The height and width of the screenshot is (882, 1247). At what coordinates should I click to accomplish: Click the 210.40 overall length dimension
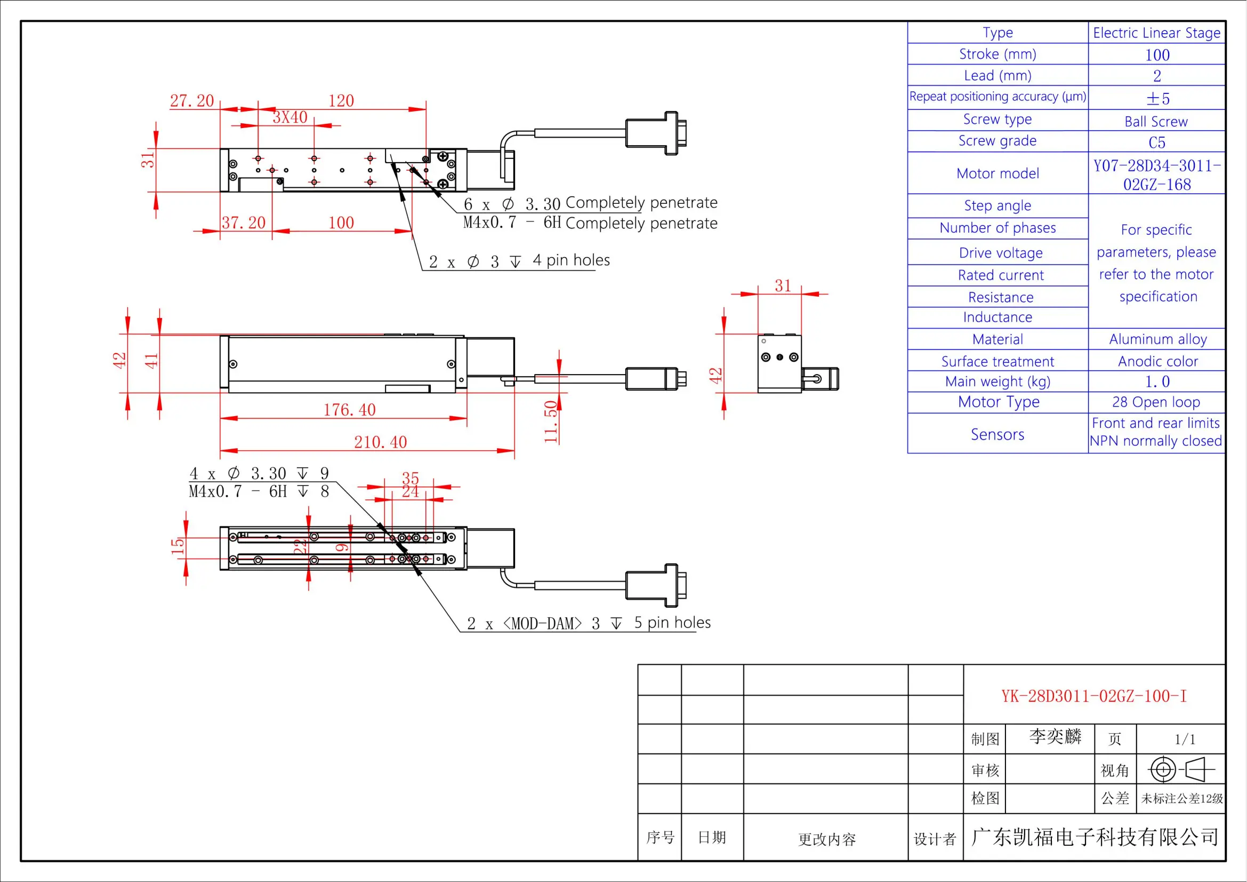380,442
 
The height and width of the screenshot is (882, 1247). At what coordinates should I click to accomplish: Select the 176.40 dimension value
349,410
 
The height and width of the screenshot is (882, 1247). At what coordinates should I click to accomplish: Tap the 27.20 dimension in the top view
192,100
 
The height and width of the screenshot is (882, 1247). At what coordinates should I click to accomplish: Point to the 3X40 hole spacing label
290,117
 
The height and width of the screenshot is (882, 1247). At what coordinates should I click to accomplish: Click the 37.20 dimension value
243,223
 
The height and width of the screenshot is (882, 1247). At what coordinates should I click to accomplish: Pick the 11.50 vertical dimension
551,421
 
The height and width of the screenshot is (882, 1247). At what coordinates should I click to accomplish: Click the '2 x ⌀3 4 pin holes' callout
519,261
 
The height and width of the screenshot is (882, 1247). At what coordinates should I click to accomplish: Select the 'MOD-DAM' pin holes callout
588,623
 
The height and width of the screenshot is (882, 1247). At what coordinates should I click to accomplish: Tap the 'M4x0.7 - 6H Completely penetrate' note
590,223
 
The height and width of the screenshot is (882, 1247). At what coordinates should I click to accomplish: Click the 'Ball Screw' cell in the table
1156,122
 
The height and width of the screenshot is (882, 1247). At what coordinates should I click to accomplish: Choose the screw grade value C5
1156,142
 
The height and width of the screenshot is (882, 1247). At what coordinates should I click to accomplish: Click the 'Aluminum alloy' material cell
1157,339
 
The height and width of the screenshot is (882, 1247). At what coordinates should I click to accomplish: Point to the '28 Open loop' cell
1156,402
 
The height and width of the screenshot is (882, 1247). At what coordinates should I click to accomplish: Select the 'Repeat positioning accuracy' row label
997,97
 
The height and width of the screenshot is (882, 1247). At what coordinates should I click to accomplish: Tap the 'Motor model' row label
997,173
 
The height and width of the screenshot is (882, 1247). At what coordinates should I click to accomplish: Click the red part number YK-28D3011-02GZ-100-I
1094,696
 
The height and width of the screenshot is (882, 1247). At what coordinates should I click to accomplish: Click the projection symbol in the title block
1181,769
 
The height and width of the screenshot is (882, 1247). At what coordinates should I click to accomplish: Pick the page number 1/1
1185,739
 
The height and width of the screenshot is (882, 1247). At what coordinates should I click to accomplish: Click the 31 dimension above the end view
783,286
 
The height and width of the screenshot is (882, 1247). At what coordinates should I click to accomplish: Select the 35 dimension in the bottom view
410,478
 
